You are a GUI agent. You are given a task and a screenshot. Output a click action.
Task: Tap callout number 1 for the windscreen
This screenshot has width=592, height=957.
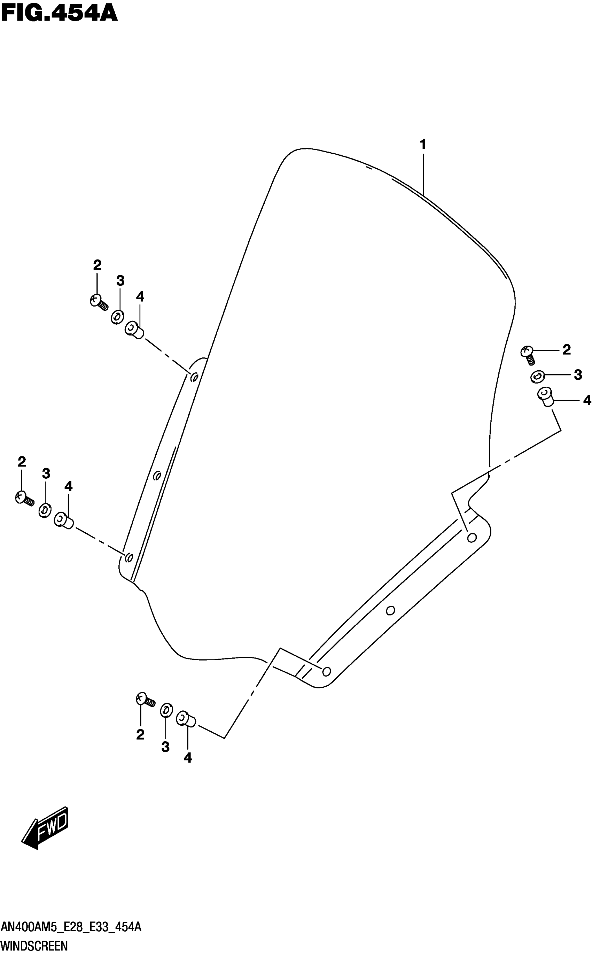click(422, 145)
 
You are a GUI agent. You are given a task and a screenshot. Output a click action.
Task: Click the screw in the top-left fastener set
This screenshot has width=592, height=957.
click(98, 302)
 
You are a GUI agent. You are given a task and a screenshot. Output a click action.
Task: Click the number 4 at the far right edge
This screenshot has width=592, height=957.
click(586, 400)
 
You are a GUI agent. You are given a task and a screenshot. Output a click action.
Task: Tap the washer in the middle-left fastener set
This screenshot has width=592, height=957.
click(45, 510)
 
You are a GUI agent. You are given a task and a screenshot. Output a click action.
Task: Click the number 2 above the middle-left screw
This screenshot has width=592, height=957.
click(22, 462)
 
